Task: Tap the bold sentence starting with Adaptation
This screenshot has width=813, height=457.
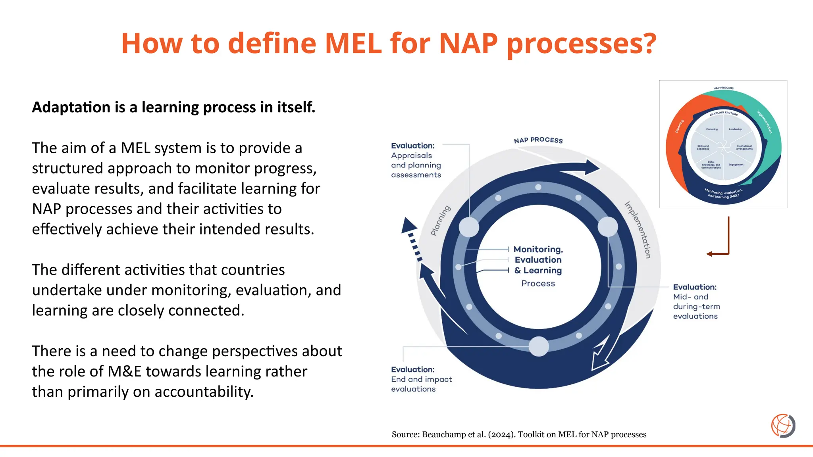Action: click(x=173, y=107)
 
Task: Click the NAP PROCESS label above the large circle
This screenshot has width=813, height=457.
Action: click(x=538, y=140)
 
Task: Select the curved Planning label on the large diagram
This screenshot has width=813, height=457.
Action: click(x=441, y=221)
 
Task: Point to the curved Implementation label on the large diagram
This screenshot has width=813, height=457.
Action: click(x=638, y=230)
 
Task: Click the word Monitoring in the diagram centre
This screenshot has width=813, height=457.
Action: click(x=538, y=250)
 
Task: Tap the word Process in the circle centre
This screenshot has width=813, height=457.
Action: click(x=538, y=284)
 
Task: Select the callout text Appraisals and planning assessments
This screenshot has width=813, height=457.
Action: click(x=416, y=165)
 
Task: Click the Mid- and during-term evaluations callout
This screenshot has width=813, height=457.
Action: click(x=696, y=307)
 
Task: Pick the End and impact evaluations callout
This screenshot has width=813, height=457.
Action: click(x=421, y=384)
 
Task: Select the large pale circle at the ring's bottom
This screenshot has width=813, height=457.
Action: click(x=539, y=346)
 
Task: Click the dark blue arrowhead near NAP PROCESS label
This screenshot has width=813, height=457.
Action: click(x=592, y=167)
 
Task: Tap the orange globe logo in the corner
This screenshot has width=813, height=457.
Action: click(x=783, y=426)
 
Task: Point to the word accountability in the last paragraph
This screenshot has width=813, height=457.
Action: click(x=204, y=392)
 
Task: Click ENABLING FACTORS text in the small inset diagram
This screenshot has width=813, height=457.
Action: click(x=723, y=113)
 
